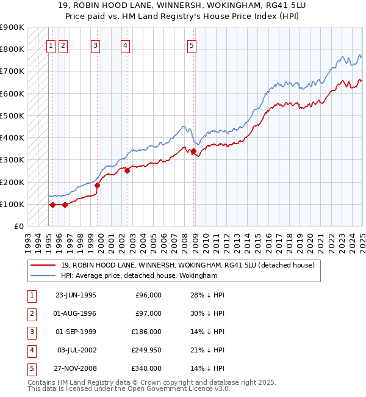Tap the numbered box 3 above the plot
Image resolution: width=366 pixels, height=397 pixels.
point(96,45)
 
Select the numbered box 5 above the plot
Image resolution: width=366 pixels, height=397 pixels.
point(192,45)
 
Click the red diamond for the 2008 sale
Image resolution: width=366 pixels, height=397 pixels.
point(193,151)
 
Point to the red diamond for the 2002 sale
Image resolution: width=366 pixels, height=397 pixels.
point(127,171)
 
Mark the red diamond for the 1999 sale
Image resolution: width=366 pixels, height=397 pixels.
point(97,185)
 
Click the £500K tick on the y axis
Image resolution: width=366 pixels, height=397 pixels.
point(12,115)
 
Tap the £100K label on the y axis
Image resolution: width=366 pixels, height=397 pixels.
point(12,204)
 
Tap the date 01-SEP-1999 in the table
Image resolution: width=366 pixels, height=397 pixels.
point(76,332)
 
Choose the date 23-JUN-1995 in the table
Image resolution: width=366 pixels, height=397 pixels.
point(76,295)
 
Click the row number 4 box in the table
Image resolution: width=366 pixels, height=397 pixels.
point(30,350)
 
